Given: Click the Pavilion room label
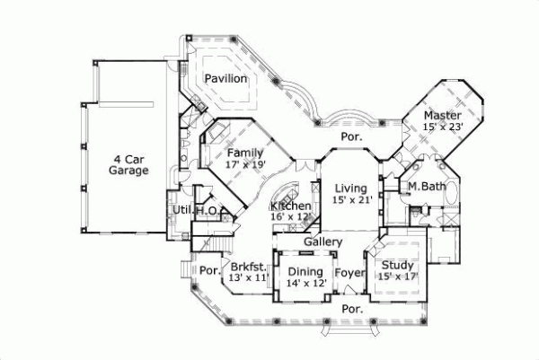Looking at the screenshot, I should (225, 79).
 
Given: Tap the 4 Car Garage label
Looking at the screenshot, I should (128, 162).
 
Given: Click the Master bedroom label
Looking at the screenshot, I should (443, 116).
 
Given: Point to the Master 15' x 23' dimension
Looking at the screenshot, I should (443, 127).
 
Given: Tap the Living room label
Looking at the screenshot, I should (351, 188).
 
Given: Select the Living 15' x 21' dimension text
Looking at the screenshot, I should (351, 199).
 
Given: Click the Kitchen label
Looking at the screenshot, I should (290, 206).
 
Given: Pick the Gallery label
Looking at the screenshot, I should (323, 242).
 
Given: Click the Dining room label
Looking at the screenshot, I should (305, 271).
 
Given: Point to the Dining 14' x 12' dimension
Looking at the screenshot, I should (305, 283).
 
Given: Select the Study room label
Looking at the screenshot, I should (397, 265).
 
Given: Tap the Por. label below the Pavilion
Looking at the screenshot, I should (349, 137).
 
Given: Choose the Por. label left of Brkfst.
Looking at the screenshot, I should (209, 270).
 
